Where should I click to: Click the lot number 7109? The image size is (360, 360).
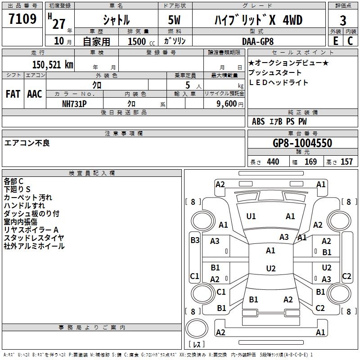click(22, 19)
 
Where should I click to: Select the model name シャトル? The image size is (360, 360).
click(116, 20)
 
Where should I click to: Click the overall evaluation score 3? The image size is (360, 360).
click(343, 20)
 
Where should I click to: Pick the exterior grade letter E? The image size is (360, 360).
click(336, 40)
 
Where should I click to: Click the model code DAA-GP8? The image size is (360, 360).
click(264, 40)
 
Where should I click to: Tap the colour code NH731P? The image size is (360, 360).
click(74, 103)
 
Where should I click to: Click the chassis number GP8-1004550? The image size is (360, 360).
click(302, 143)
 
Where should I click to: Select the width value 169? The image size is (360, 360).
click(310, 162)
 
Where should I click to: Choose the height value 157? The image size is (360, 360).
click(346, 162)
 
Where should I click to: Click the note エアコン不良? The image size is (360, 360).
click(27, 143)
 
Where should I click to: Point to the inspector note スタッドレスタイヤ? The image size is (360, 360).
click(34, 238)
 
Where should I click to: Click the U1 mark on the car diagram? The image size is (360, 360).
click(251, 216)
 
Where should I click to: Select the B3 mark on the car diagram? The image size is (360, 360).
click(195, 240)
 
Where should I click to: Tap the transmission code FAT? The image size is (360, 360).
click(13, 94)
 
